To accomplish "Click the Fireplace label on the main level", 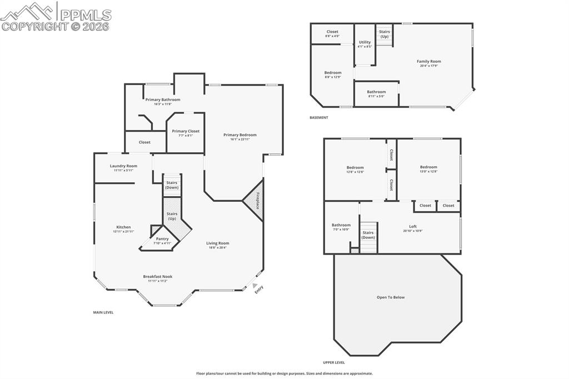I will coord(258,201).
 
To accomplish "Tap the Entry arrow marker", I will coord(255,285).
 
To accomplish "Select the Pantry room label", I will coord(162,239).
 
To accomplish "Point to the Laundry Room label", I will coord(123,166).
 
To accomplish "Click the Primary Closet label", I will coord(186,131).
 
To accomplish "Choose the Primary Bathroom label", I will coord(163,100).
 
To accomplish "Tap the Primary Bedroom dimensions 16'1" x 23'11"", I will coord(240,139).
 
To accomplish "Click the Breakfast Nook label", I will coord(158,277).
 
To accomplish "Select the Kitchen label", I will coord(123,227).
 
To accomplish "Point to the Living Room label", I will coord(218,243).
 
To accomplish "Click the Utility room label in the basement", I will coord(365,42).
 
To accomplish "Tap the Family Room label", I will coord(429,62).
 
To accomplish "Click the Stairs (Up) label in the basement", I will coord(385,34).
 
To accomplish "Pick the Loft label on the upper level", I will coord(413,226).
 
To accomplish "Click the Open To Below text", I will coord(391,297).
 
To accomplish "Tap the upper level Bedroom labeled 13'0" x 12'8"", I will coord(428,167).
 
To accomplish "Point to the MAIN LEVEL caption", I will coord(103,313).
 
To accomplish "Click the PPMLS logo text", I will coord(85,15).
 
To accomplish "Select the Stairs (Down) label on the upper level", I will coord(368,235).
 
